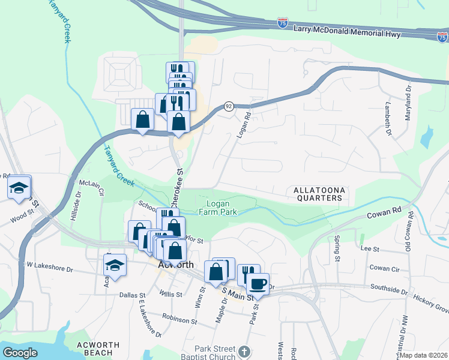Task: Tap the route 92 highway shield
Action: click(x=229, y=106)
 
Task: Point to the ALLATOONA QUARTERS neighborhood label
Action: click(x=319, y=195)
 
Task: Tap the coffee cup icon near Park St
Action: click(x=258, y=284)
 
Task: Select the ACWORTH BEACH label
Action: click(x=98, y=350)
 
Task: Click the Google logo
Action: click(x=20, y=353)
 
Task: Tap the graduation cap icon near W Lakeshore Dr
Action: click(x=115, y=265)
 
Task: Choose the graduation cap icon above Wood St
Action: click(x=19, y=188)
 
